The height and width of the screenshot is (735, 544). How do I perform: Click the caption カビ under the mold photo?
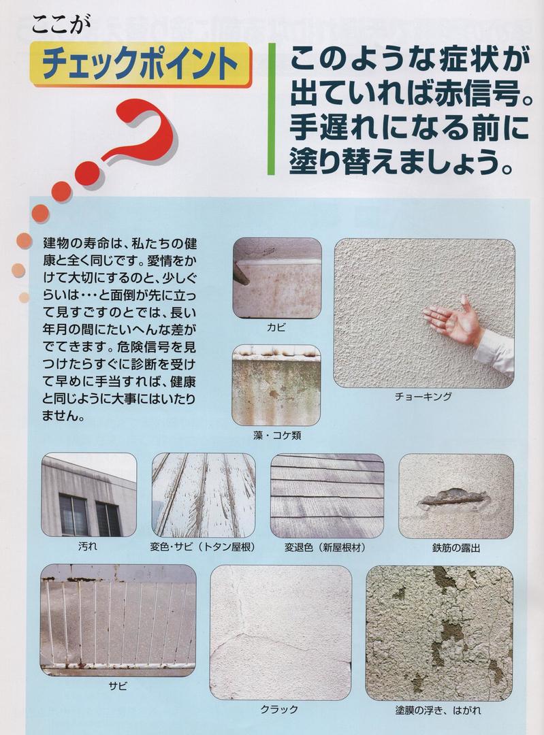(276, 327)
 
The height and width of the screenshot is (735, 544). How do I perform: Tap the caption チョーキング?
(423, 397)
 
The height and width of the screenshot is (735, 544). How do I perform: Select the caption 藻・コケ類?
(276, 436)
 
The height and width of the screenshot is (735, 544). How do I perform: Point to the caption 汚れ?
(88, 546)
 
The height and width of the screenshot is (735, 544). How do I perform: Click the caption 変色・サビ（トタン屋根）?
(203, 546)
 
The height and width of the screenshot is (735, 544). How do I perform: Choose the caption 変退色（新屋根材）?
(325, 547)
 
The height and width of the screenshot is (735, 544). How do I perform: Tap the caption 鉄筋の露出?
(456, 547)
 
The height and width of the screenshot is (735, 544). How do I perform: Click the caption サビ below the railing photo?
(118, 686)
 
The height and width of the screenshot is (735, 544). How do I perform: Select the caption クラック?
(280, 709)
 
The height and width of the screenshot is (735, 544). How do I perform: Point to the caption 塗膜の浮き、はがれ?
(438, 710)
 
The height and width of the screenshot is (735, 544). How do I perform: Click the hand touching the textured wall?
(453, 320)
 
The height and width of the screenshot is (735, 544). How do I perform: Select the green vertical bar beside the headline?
(271, 109)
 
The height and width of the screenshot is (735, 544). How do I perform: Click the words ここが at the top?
(60, 24)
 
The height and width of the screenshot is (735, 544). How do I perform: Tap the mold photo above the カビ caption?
(277, 278)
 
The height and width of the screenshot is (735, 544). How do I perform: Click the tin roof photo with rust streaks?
(204, 495)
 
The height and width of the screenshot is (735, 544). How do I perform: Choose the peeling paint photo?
(439, 633)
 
